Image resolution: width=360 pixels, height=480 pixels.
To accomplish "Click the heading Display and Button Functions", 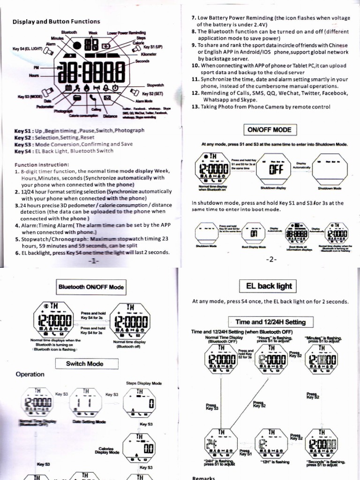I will (x=56, y=22).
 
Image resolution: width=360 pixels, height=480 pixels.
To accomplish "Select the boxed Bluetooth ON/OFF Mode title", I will (x=91, y=287).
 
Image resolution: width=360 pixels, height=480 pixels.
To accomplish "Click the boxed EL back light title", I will (x=275, y=285).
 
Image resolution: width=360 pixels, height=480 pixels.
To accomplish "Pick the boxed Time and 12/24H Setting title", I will (x=270, y=322).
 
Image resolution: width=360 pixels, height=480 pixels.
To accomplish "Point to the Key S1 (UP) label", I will (x=153, y=47).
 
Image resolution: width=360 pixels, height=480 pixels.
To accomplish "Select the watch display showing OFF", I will (x=275, y=170).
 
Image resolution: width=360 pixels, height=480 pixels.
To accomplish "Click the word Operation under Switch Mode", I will (x=30, y=375).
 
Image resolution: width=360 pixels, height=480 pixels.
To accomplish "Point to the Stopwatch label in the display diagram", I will (x=155, y=85).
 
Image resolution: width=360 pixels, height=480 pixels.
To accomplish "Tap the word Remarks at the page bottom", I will (x=203, y=477).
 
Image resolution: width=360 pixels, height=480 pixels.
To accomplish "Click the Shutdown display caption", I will (x=273, y=187).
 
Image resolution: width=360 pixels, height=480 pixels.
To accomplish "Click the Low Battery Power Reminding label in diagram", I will (x=127, y=32).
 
